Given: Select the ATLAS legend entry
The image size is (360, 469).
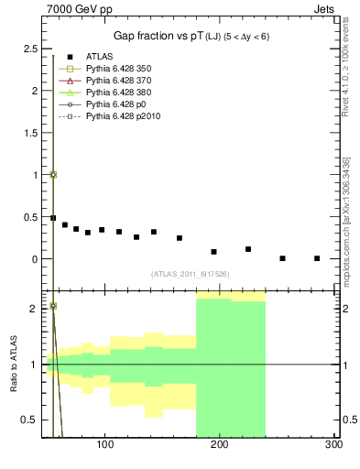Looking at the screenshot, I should (x=102, y=56).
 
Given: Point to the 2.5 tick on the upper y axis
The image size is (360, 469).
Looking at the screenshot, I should (x=30, y=49).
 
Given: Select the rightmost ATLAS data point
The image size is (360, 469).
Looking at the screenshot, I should (x=316, y=258).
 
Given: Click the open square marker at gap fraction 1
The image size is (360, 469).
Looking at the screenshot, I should (x=53, y=174).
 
